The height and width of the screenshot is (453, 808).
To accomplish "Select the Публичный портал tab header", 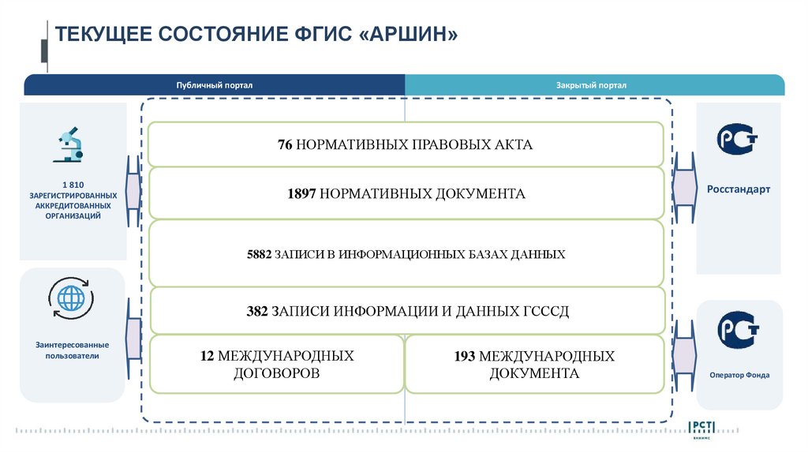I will click(x=215, y=85).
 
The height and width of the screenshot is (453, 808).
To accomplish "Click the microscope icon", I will click(x=69, y=144).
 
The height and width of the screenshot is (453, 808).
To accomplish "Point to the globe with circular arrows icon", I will click(x=70, y=298).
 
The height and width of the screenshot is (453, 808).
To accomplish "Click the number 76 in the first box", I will click(x=285, y=144).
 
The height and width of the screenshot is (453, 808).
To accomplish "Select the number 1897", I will click(x=301, y=193).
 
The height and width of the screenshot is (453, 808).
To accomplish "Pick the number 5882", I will click(x=259, y=254).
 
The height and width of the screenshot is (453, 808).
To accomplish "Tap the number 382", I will click(x=257, y=311).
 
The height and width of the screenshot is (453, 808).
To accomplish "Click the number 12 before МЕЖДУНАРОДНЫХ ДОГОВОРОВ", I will click(x=208, y=356).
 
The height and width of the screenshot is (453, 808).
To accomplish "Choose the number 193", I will click(x=464, y=356).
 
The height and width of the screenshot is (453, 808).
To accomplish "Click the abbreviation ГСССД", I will click(x=545, y=311).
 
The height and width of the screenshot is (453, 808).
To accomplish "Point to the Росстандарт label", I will click(x=738, y=189).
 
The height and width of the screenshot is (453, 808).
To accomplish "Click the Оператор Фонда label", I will click(x=739, y=375).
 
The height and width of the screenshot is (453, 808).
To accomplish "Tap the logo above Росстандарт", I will click(x=738, y=140).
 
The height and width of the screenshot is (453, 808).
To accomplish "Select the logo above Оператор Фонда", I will click(x=739, y=331).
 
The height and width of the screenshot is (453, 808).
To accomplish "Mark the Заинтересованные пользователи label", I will click(x=72, y=350).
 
